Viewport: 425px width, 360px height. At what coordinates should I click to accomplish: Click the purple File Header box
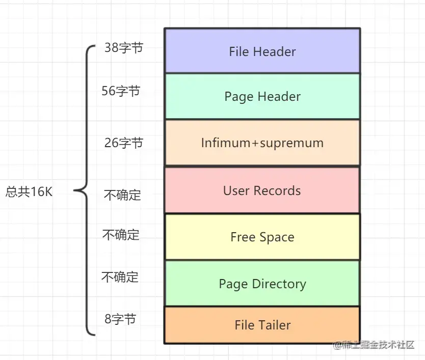coord(262,51)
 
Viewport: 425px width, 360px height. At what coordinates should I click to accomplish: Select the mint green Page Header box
coord(262,96)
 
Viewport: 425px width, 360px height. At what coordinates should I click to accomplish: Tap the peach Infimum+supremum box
coord(262,143)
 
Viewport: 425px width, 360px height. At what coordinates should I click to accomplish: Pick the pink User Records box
coord(262,190)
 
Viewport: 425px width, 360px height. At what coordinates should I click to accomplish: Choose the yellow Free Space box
coord(262,237)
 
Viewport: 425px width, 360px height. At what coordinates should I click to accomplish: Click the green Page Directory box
coord(262,284)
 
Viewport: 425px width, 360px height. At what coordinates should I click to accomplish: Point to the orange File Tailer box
coord(262,325)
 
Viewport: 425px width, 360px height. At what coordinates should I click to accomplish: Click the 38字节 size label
coord(124,48)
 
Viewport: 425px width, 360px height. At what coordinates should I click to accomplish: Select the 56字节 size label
coord(121,91)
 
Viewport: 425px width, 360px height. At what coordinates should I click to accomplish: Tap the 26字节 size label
coord(124,143)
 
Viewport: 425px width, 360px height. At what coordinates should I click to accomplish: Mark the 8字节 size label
coord(120,319)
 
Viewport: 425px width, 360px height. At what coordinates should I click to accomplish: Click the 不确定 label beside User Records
coord(122,195)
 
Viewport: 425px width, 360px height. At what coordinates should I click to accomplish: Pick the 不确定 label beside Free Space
coord(121,235)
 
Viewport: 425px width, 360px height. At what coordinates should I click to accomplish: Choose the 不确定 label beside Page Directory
coord(120,277)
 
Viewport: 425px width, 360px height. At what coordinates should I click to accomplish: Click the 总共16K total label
coord(29,192)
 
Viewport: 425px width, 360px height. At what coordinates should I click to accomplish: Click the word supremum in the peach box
coord(291,143)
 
